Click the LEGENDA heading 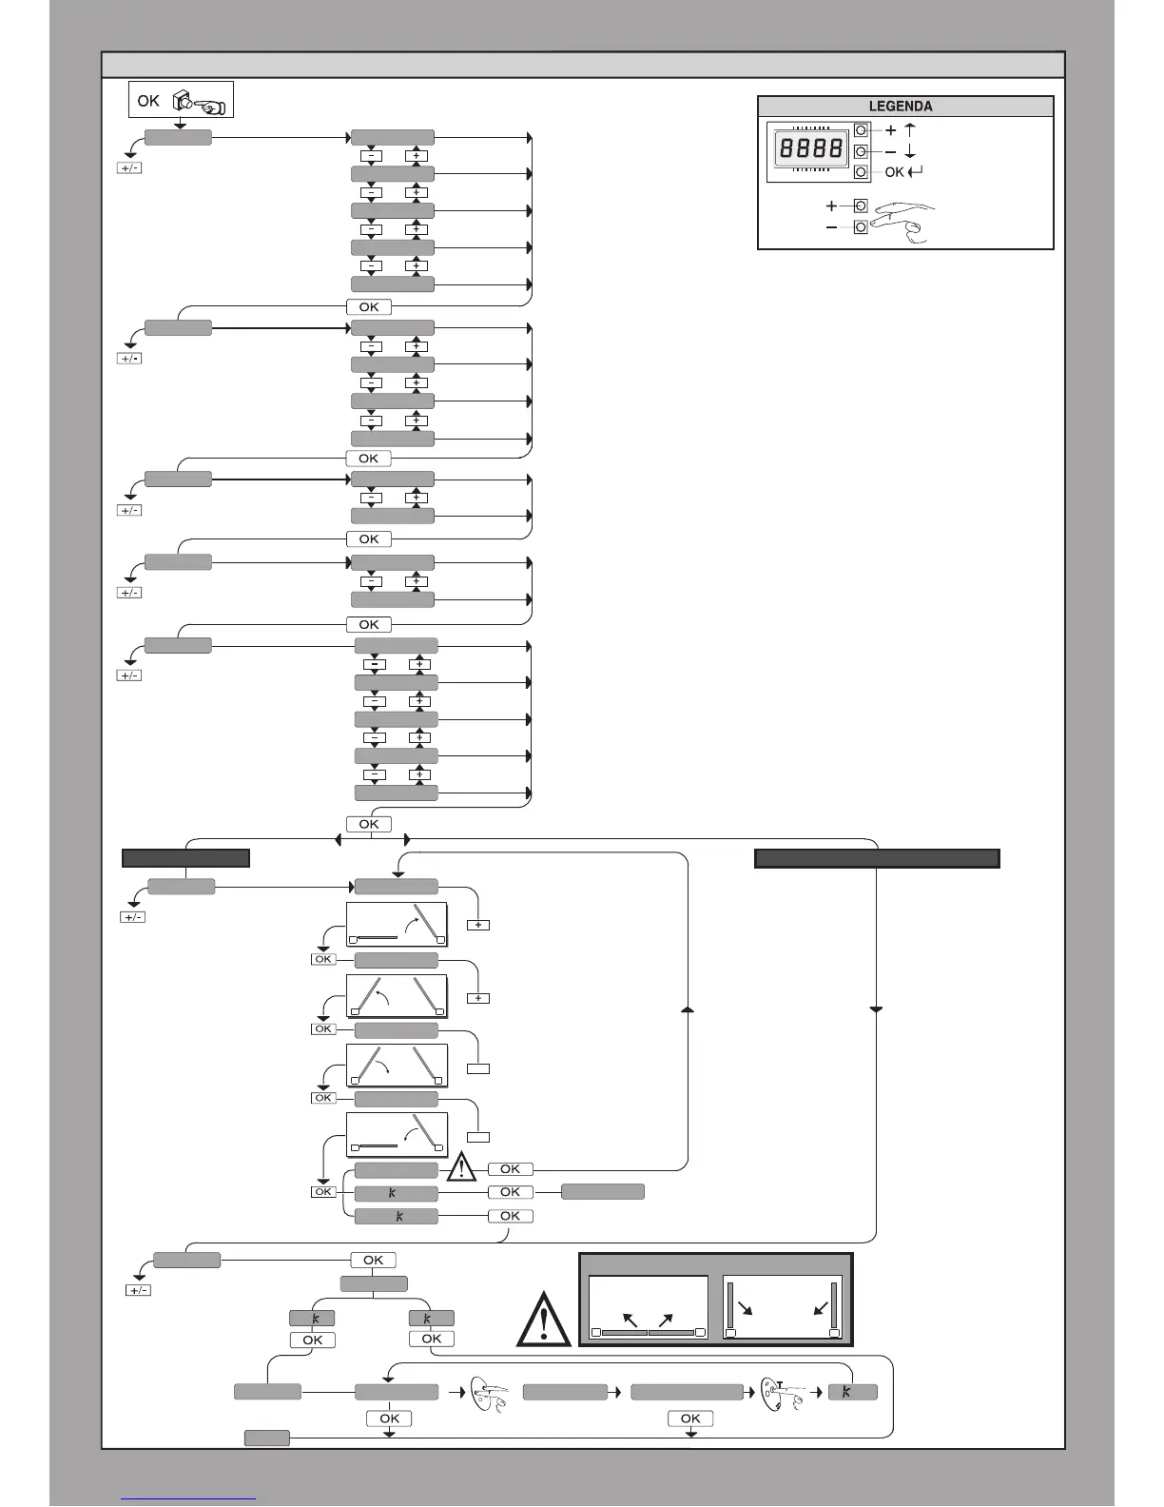tap(901, 107)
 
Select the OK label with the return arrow tap(902, 172)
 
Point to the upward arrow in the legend tap(910, 130)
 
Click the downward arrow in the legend tap(910, 151)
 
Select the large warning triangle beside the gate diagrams tap(543, 1320)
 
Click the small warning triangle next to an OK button tap(461, 1166)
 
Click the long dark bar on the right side tap(876, 858)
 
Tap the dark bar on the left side tap(185, 858)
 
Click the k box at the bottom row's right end tap(852, 1392)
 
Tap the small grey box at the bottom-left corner tap(266, 1438)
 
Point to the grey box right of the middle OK tap(602, 1191)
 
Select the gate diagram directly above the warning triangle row tap(396, 1135)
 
